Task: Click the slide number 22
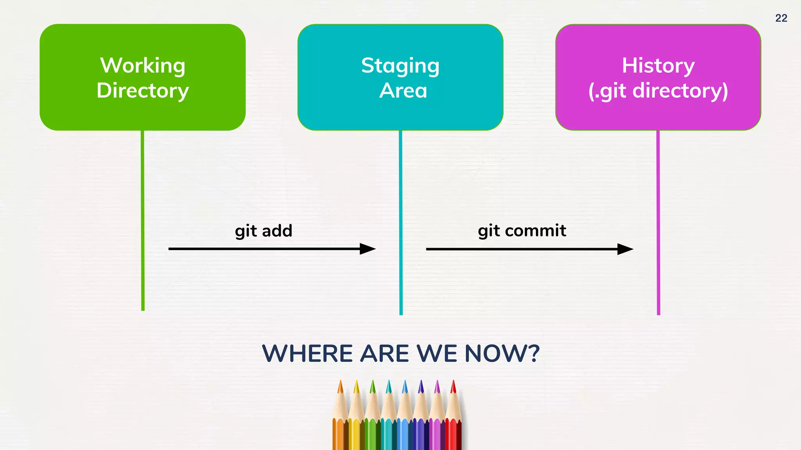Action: click(x=781, y=18)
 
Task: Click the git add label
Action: click(x=263, y=231)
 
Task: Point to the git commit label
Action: click(x=522, y=231)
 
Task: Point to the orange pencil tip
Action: click(x=340, y=387)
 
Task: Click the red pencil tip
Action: click(x=453, y=387)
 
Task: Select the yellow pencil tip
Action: click(x=356, y=387)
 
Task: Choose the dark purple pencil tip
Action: click(x=421, y=387)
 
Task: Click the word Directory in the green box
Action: click(x=143, y=91)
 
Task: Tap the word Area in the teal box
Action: click(x=403, y=91)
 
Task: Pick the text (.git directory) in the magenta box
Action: click(x=658, y=91)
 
